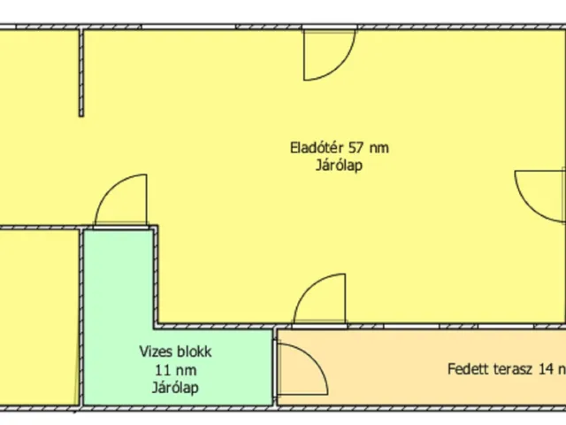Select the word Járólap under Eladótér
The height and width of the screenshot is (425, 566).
[x=340, y=165]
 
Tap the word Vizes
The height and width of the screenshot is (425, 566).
[x=156, y=352]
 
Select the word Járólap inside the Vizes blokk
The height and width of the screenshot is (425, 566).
[x=174, y=387]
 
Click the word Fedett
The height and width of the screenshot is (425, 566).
[x=466, y=369]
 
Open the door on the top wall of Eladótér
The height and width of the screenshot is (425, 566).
[x=328, y=53]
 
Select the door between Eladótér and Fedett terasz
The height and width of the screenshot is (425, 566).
[x=319, y=301]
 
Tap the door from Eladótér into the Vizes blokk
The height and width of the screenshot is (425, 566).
[x=121, y=201]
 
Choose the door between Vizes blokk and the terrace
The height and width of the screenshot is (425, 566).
[x=293, y=366]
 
